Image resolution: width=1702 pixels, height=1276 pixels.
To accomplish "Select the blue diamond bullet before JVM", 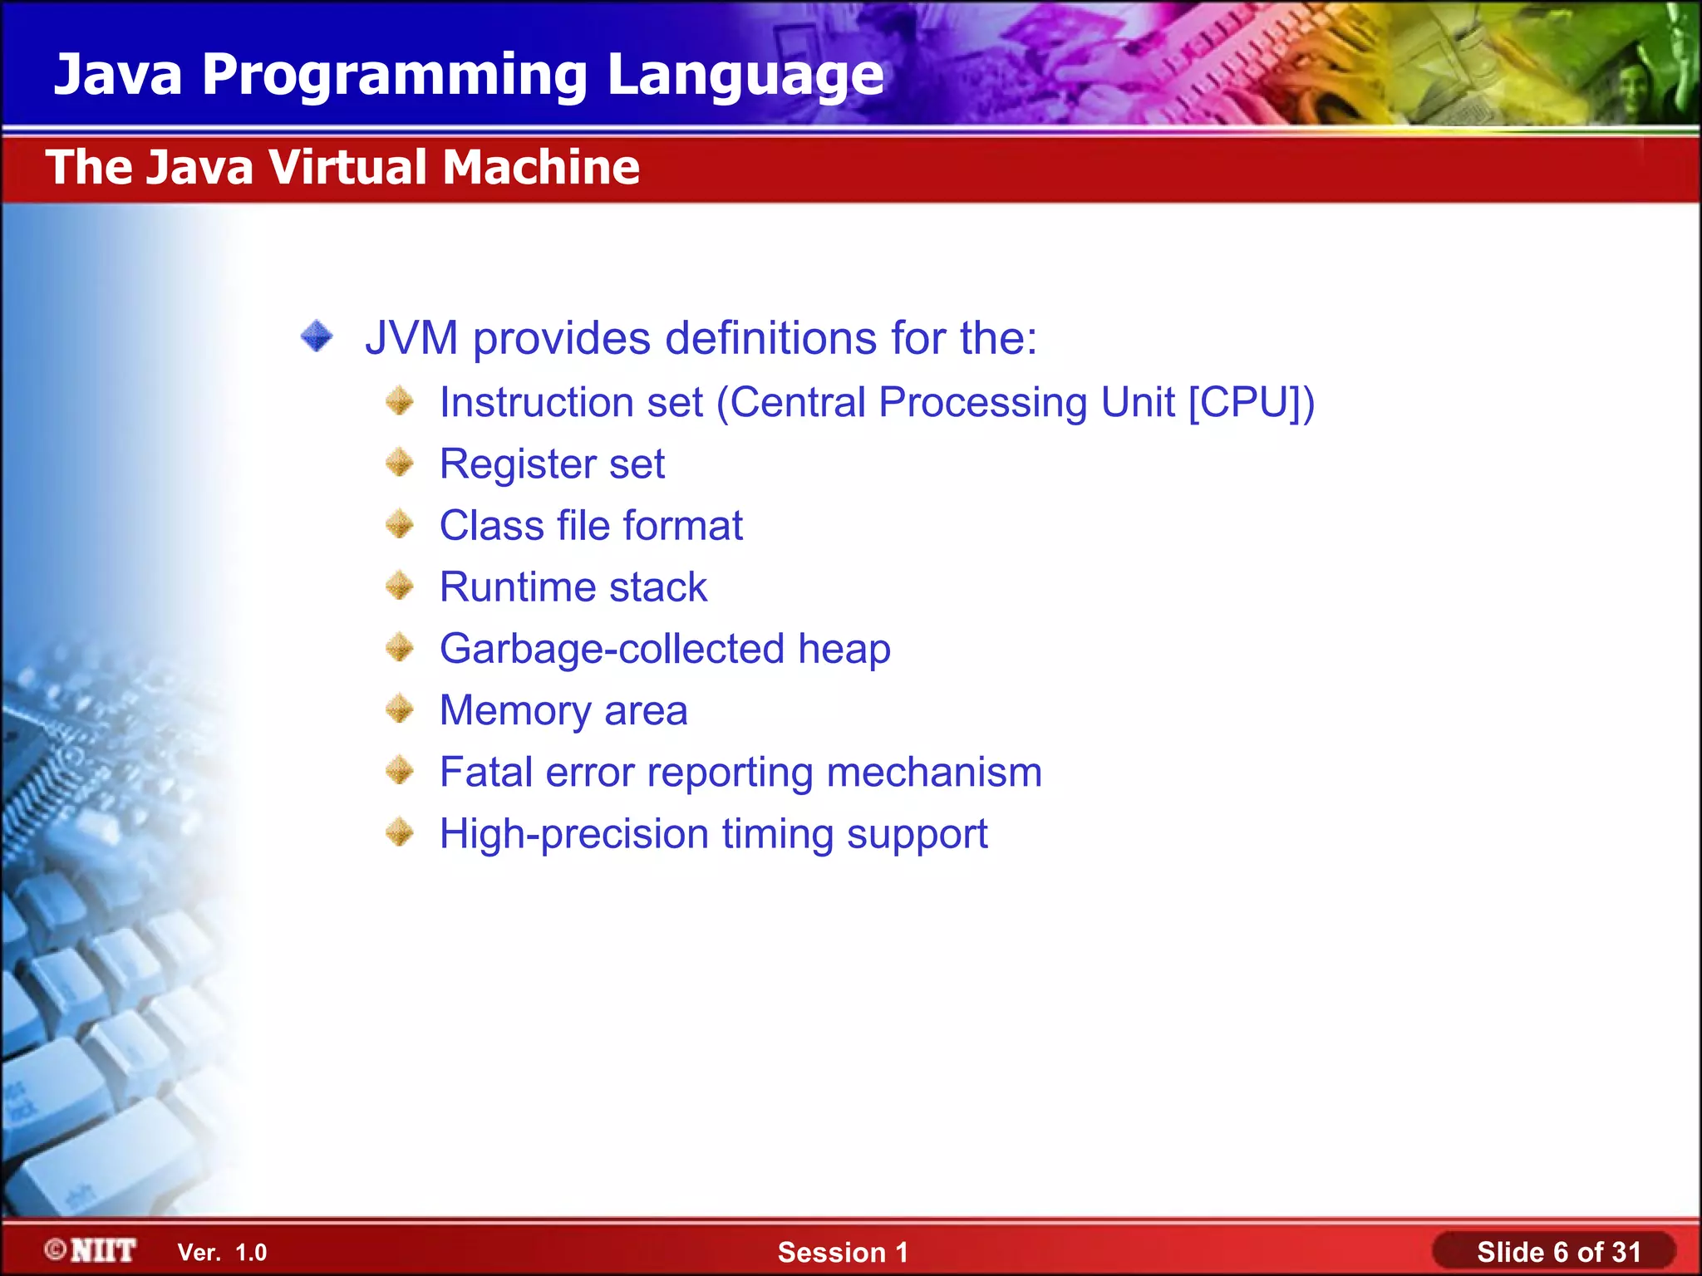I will pyautogui.click(x=317, y=336).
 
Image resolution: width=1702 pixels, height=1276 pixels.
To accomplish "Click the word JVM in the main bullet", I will pyautogui.click(x=411, y=338).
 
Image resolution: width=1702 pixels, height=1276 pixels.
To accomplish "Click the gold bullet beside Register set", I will pyautogui.click(x=400, y=463).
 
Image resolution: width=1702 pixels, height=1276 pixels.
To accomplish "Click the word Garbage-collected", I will pyautogui.click(x=612, y=649).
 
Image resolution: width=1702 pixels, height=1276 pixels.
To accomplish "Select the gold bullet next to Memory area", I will pyautogui.click(x=400, y=709).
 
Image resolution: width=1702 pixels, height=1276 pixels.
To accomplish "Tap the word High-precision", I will pyautogui.click(x=573, y=835).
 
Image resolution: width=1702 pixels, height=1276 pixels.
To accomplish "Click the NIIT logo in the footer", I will pyautogui.click(x=91, y=1250).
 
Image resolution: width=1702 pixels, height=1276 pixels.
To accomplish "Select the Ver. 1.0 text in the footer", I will pyautogui.click(x=222, y=1253).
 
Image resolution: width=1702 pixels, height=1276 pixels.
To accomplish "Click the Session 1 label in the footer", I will pyautogui.click(x=843, y=1252).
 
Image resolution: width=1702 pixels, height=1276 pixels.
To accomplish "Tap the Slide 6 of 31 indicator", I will pyautogui.click(x=1558, y=1252).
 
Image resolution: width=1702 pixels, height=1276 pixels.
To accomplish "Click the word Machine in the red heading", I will pyautogui.click(x=540, y=167).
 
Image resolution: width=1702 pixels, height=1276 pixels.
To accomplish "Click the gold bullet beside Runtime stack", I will pyautogui.click(x=400, y=586).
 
